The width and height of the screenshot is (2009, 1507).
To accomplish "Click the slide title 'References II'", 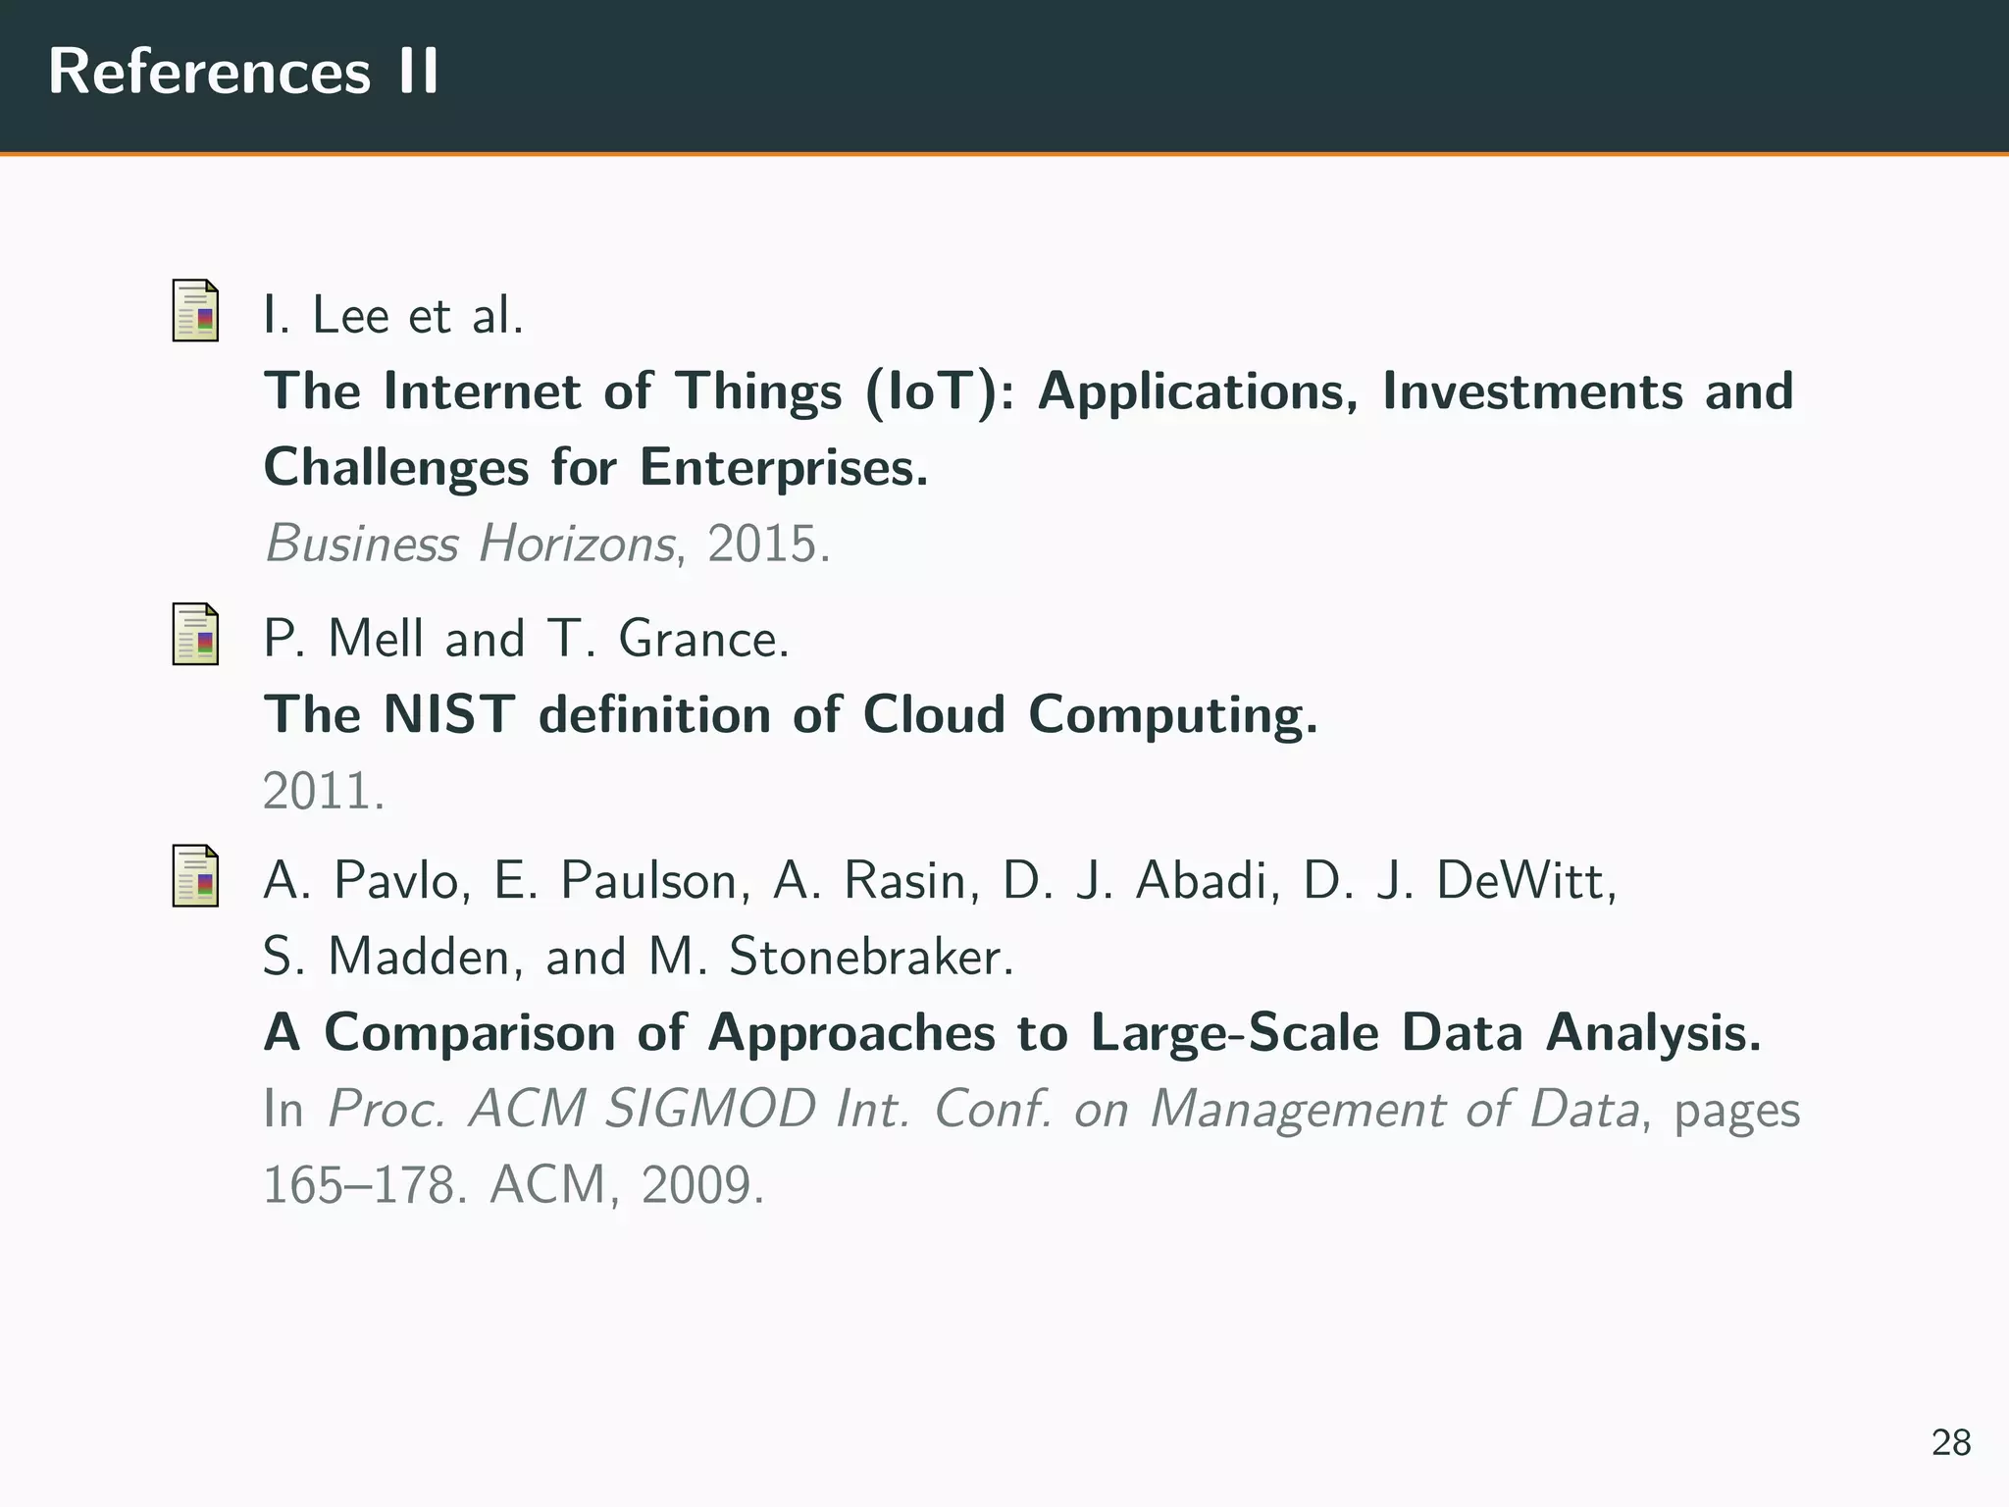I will pyautogui.click(x=243, y=73).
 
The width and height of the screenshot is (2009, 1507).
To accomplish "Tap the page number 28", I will pyautogui.click(x=1950, y=1442).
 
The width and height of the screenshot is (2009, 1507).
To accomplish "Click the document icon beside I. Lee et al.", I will pyautogui.click(x=195, y=311).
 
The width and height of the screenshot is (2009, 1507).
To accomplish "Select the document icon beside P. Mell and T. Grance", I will pyautogui.click(x=195, y=634).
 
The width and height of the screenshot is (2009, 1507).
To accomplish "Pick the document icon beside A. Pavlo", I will pyautogui.click(x=195, y=875).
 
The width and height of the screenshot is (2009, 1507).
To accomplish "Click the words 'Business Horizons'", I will pyautogui.click(x=469, y=544).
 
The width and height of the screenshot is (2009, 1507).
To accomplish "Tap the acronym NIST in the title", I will pyautogui.click(x=448, y=714).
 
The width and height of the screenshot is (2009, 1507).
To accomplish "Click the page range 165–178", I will pyautogui.click(x=358, y=1185).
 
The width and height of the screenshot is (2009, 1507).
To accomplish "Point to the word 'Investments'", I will pyautogui.click(x=1531, y=391).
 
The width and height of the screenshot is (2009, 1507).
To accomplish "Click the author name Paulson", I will pyautogui.click(x=647, y=880).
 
